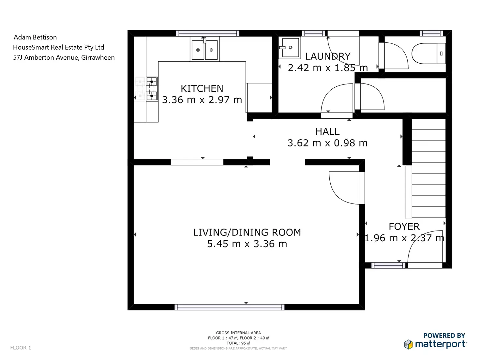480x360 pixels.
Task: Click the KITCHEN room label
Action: click(202, 88)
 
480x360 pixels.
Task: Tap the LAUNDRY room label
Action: click(328, 56)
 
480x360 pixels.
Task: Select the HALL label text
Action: click(327, 132)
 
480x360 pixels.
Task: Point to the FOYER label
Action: click(404, 226)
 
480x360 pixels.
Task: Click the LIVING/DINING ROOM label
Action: click(247, 232)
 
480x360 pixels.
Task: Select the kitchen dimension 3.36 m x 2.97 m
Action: click(202, 100)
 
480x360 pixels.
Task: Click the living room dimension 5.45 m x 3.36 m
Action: click(247, 244)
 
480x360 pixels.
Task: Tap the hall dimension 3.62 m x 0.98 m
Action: click(327, 143)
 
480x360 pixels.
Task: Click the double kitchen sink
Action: click(204, 49)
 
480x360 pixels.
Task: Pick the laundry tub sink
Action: click(290, 48)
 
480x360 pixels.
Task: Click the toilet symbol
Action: click(428, 53)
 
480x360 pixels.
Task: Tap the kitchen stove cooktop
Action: click(152, 88)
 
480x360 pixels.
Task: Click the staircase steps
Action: click(428, 168)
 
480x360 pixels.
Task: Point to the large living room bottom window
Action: click(229, 307)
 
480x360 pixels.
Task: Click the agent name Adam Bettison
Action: click(35, 37)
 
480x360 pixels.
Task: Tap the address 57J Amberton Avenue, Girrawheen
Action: click(64, 57)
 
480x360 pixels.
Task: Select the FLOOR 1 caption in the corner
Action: click(21, 348)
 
